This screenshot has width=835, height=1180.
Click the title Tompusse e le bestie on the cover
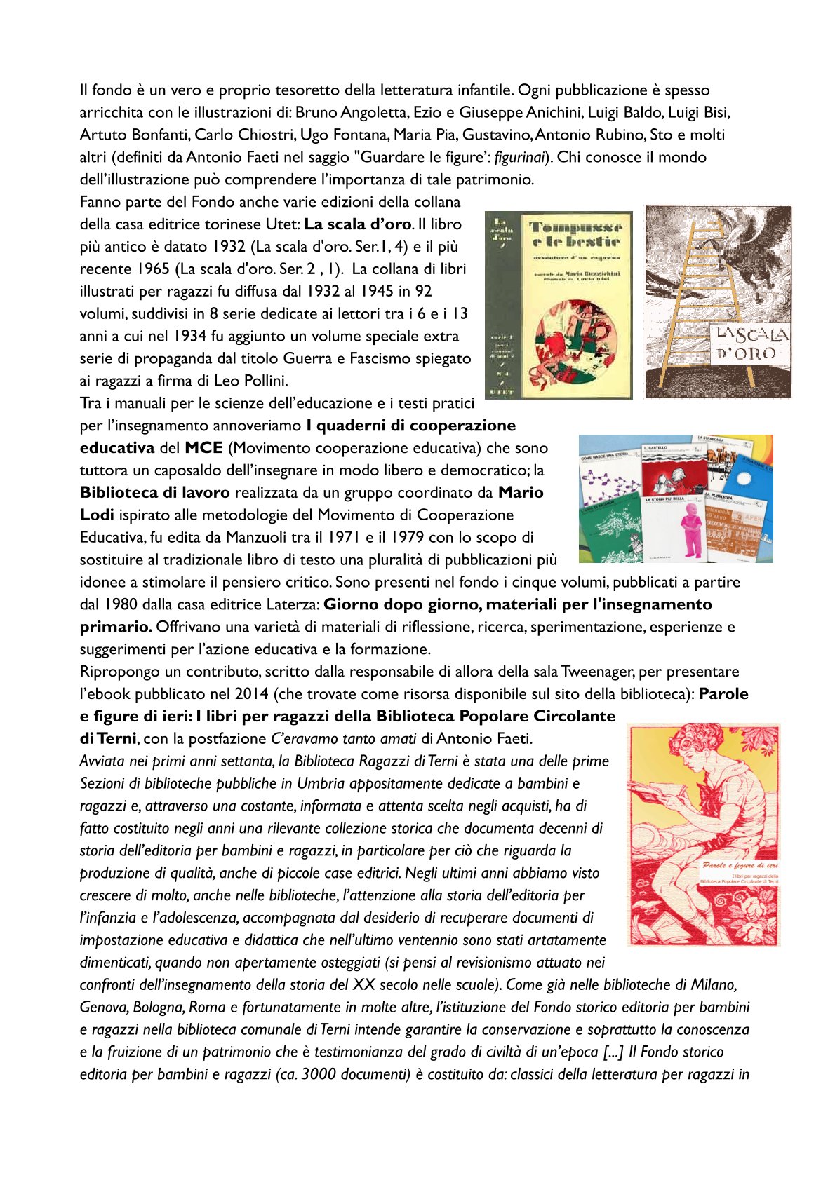pyautogui.click(x=575, y=235)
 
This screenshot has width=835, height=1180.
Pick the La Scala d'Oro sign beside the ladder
pyautogui.click(x=751, y=344)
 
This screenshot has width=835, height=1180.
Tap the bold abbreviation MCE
pyautogui.click(x=203, y=448)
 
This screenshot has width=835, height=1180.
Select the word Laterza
pyautogui.click(x=293, y=604)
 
